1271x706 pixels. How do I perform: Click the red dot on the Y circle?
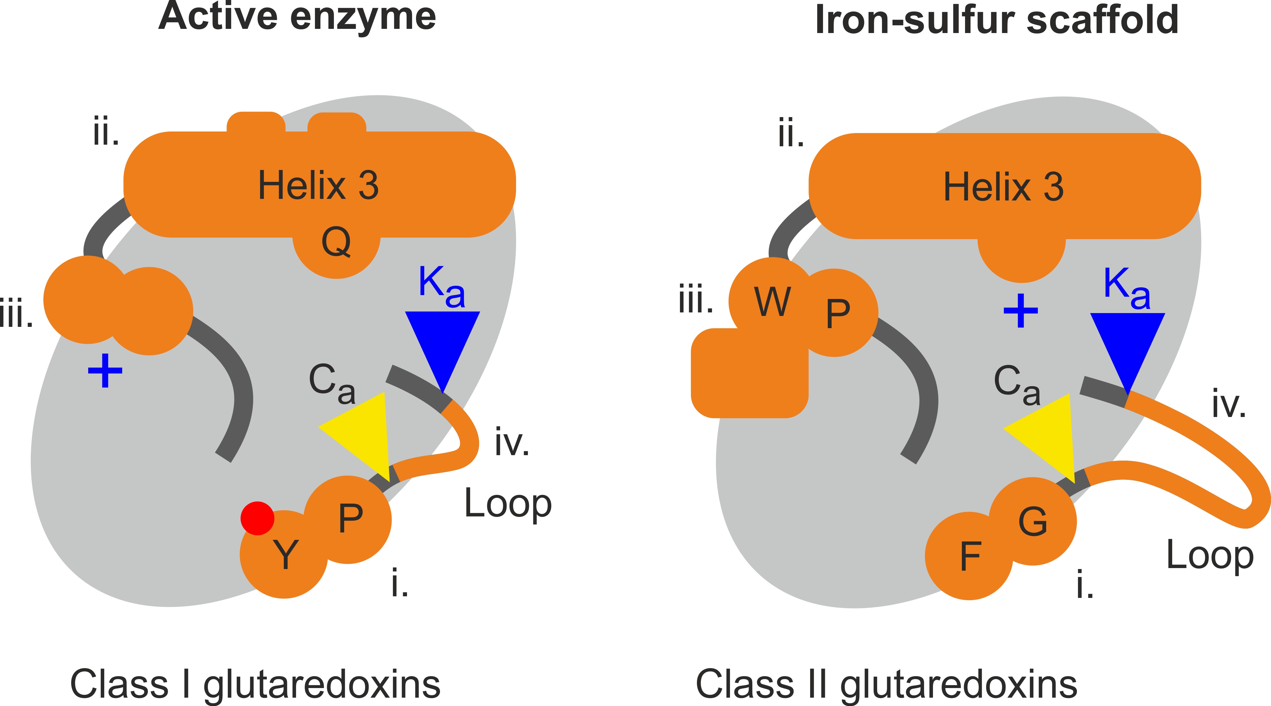(x=257, y=518)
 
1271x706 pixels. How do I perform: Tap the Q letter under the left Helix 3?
(x=336, y=242)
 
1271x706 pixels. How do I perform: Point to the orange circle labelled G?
(x=1032, y=522)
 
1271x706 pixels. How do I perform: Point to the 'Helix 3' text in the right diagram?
(x=1003, y=187)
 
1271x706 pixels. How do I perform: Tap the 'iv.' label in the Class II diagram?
(x=1229, y=404)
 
